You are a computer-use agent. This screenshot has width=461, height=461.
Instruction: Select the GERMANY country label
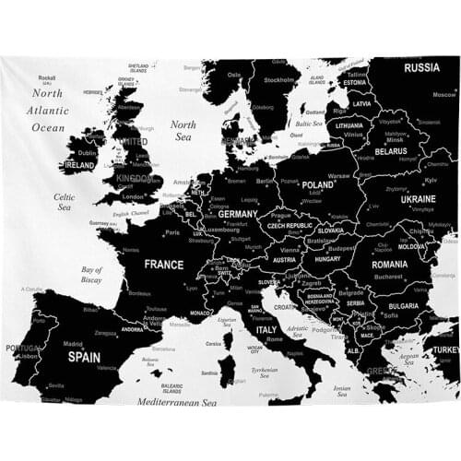pos(238,214)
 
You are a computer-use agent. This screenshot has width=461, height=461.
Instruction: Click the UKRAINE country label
pos(418,198)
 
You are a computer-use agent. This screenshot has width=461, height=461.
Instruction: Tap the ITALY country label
pos(266,329)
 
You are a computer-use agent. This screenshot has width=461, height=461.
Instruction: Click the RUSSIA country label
pos(421,67)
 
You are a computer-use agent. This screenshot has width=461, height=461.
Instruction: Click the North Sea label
pos(183,130)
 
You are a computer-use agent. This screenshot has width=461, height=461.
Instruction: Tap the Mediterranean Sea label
pos(176,402)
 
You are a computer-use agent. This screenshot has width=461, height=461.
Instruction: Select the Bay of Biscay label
pos(91,274)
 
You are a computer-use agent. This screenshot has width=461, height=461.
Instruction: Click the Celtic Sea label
pos(65,202)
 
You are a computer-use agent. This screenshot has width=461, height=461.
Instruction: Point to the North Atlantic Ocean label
pos(49,110)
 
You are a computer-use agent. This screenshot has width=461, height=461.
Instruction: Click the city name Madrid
pos(73,344)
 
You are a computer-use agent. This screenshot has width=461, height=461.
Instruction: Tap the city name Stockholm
pos(279,80)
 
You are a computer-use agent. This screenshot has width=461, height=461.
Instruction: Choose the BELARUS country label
pos(391,150)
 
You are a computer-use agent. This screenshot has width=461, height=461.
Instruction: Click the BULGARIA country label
pos(403,305)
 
